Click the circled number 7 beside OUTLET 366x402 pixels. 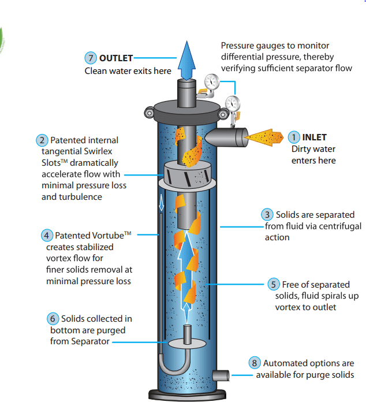tap(90, 58)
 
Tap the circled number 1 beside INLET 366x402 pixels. tap(294, 137)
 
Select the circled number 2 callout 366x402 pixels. tap(42, 140)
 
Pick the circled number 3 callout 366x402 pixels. tap(267, 215)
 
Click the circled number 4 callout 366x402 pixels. tap(47, 236)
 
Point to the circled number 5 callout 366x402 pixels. tap(274, 284)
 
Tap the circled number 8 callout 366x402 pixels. tap(255, 363)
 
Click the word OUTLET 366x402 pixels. tap(116, 58)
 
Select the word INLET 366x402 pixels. tap(315, 137)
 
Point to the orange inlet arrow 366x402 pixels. tap(264, 137)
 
